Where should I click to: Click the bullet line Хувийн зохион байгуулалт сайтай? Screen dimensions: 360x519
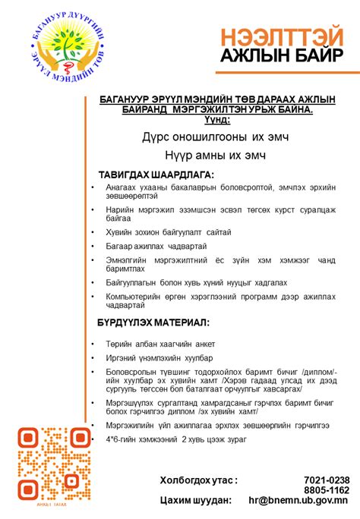pyautogui.click(x=169, y=231)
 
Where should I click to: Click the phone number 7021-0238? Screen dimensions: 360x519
pyautogui.click(x=327, y=480)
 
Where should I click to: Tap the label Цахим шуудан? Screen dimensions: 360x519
pyautogui.click(x=195, y=501)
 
